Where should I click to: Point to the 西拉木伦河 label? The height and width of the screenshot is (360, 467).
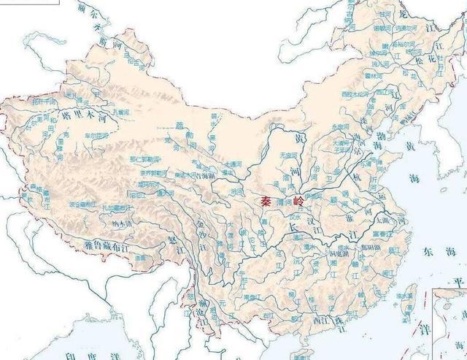(x=355, y=94)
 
